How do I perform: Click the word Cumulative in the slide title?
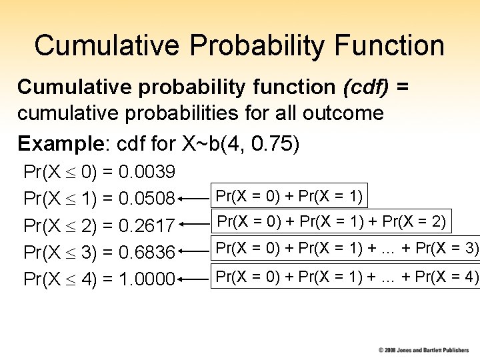(107, 45)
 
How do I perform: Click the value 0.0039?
(146, 173)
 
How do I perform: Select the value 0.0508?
(146, 199)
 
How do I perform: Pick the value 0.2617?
(146, 226)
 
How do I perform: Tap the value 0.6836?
(146, 253)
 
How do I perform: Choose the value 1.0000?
(146, 279)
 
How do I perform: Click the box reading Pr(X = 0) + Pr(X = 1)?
(289, 196)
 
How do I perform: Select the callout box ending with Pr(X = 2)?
(331, 221)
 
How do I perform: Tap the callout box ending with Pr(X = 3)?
(346, 249)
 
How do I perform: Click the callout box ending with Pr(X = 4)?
(346, 275)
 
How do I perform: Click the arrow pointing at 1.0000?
(194, 279)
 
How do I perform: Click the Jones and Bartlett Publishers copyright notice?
(424, 349)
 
